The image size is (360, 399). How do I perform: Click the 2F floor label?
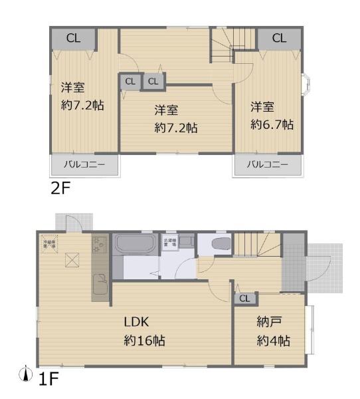tap(60, 188)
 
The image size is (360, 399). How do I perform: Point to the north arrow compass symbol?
tap(27, 375)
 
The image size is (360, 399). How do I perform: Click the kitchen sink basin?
tap(100, 287)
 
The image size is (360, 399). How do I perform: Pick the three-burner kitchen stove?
tap(100, 247)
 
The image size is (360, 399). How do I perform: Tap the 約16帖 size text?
tap(143, 340)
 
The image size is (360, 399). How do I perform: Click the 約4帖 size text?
tap(274, 341)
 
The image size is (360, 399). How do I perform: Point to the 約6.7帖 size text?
tap(272, 124)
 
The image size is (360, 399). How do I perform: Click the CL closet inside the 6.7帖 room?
tap(278, 38)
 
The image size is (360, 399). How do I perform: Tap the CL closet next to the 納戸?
tap(244, 299)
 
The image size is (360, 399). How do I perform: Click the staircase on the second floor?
tap(228, 44)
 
